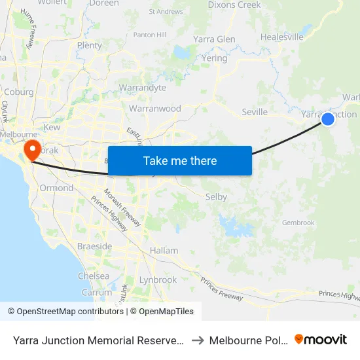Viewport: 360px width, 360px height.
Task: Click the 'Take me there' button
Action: click(180, 160)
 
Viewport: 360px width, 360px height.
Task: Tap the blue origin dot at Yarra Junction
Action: click(328, 118)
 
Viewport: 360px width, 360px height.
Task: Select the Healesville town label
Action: click(282, 37)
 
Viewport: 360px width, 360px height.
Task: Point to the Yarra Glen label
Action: click(214, 39)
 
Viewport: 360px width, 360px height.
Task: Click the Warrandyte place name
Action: click(142, 88)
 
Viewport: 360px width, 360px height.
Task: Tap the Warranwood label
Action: click(155, 109)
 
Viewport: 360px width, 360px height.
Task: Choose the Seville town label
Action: click(254, 112)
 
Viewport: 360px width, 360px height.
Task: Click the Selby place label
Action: click(216, 197)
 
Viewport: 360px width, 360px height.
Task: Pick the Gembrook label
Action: click(298, 223)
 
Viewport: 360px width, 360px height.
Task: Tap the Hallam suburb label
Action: click(164, 251)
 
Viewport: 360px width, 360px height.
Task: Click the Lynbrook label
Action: click(158, 279)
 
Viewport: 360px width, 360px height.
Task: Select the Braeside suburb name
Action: click(95, 246)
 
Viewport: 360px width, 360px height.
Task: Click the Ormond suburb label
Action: click(57, 188)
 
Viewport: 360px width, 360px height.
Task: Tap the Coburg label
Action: click(19, 92)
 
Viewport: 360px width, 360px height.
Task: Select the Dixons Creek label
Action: click(234, 5)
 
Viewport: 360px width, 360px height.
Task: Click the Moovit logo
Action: click(321, 339)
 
